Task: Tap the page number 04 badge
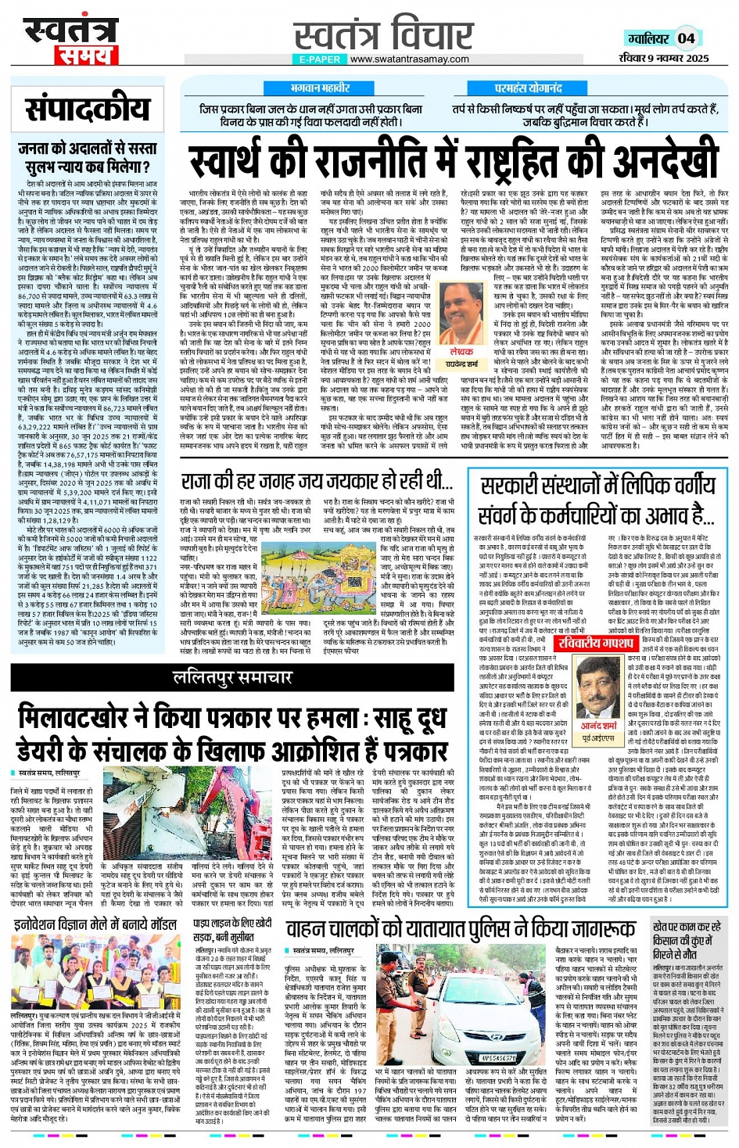686,38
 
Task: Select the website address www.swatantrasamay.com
409,59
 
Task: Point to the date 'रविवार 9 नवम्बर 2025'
664,58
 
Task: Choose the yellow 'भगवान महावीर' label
319,88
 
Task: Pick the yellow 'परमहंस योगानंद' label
529,88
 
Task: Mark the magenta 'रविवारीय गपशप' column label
595,642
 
